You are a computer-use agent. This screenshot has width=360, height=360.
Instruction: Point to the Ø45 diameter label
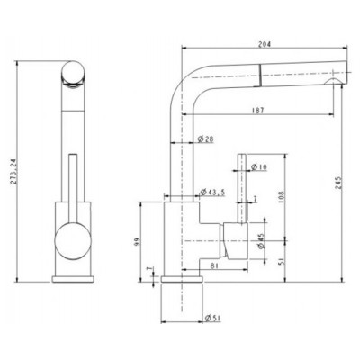pos(260,241)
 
